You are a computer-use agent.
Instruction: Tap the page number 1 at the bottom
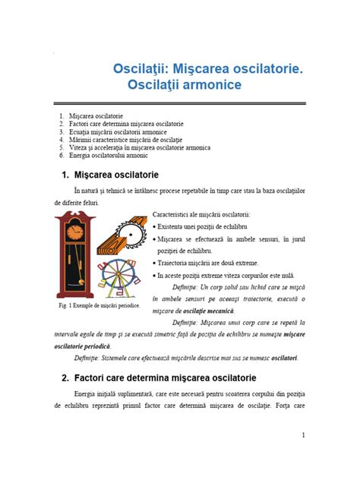(x=303, y=435)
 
